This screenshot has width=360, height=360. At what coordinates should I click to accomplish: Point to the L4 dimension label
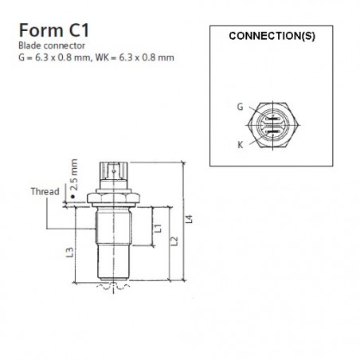coord(189,214)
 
